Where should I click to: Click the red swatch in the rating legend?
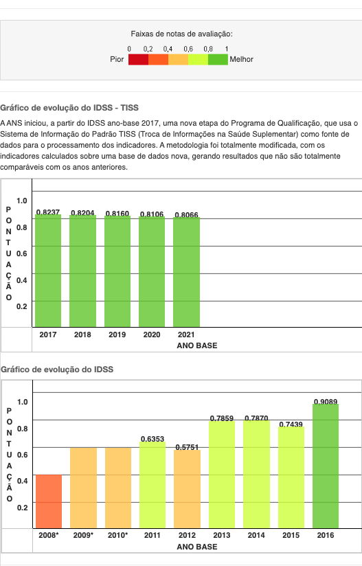[x=138, y=60]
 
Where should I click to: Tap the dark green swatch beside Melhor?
[x=218, y=60]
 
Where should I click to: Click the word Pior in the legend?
[x=117, y=59]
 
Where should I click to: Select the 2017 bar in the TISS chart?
[x=48, y=271]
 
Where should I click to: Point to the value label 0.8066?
[x=186, y=215]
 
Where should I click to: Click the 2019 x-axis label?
[x=117, y=335]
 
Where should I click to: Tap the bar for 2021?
[x=187, y=272]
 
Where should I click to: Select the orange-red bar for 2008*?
[x=49, y=501]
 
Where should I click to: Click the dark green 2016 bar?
[x=326, y=466]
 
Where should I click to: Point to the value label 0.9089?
[x=326, y=402]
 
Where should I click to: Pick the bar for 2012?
[x=187, y=489]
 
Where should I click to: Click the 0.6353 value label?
[x=152, y=439]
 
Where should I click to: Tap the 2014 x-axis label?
[x=256, y=535]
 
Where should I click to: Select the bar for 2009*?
[x=83, y=488]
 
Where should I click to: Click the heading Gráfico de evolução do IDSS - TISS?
[x=69, y=108]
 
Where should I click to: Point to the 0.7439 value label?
[x=291, y=424]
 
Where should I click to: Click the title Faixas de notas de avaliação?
[x=181, y=34]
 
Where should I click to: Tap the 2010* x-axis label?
[x=117, y=535]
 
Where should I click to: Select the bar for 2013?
[x=222, y=475]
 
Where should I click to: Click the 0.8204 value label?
[x=82, y=213]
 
